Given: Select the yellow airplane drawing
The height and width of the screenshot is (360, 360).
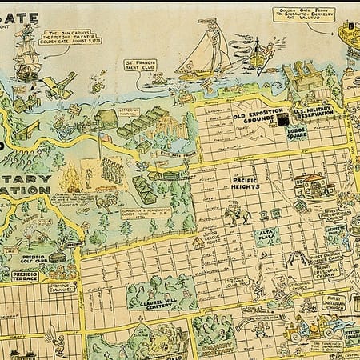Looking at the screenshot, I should coord(58,86).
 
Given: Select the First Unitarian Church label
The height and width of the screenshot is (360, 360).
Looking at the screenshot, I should coord(335,304).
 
